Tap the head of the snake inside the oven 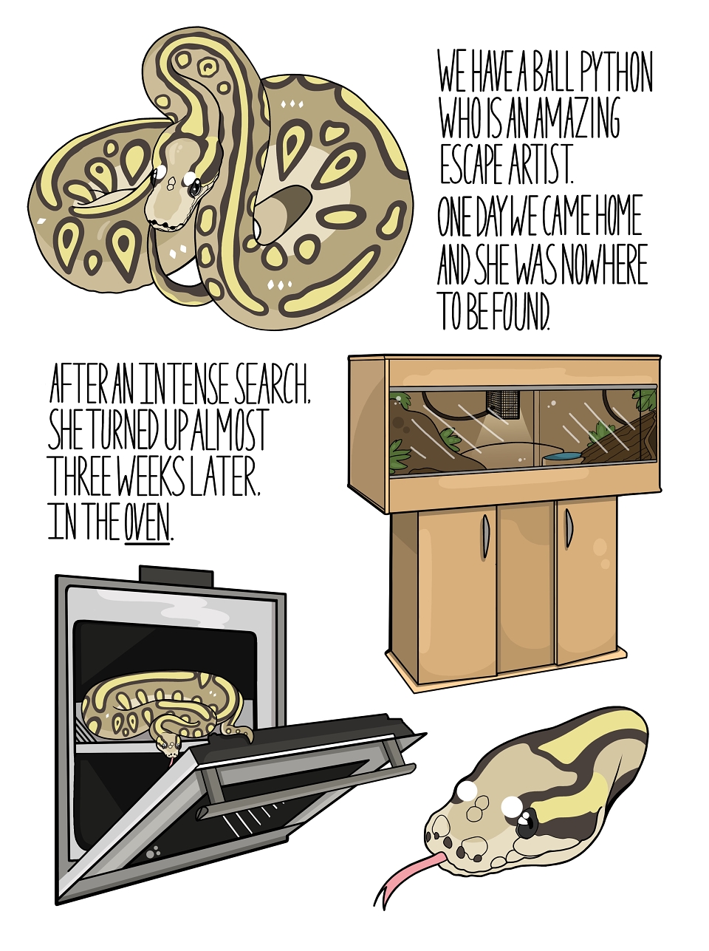tap(169, 745)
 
